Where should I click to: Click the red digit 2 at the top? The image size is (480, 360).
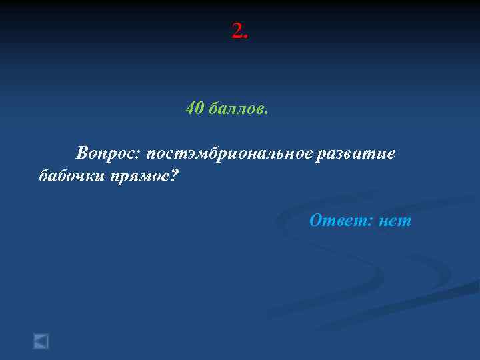pos(237,31)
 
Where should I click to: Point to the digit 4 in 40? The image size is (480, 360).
pos(191,108)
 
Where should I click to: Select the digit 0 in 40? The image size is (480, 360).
pos(199,108)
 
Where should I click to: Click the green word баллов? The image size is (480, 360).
pos(235,108)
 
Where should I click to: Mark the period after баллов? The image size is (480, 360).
pos(266,113)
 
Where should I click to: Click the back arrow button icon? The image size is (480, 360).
pos(41,341)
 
